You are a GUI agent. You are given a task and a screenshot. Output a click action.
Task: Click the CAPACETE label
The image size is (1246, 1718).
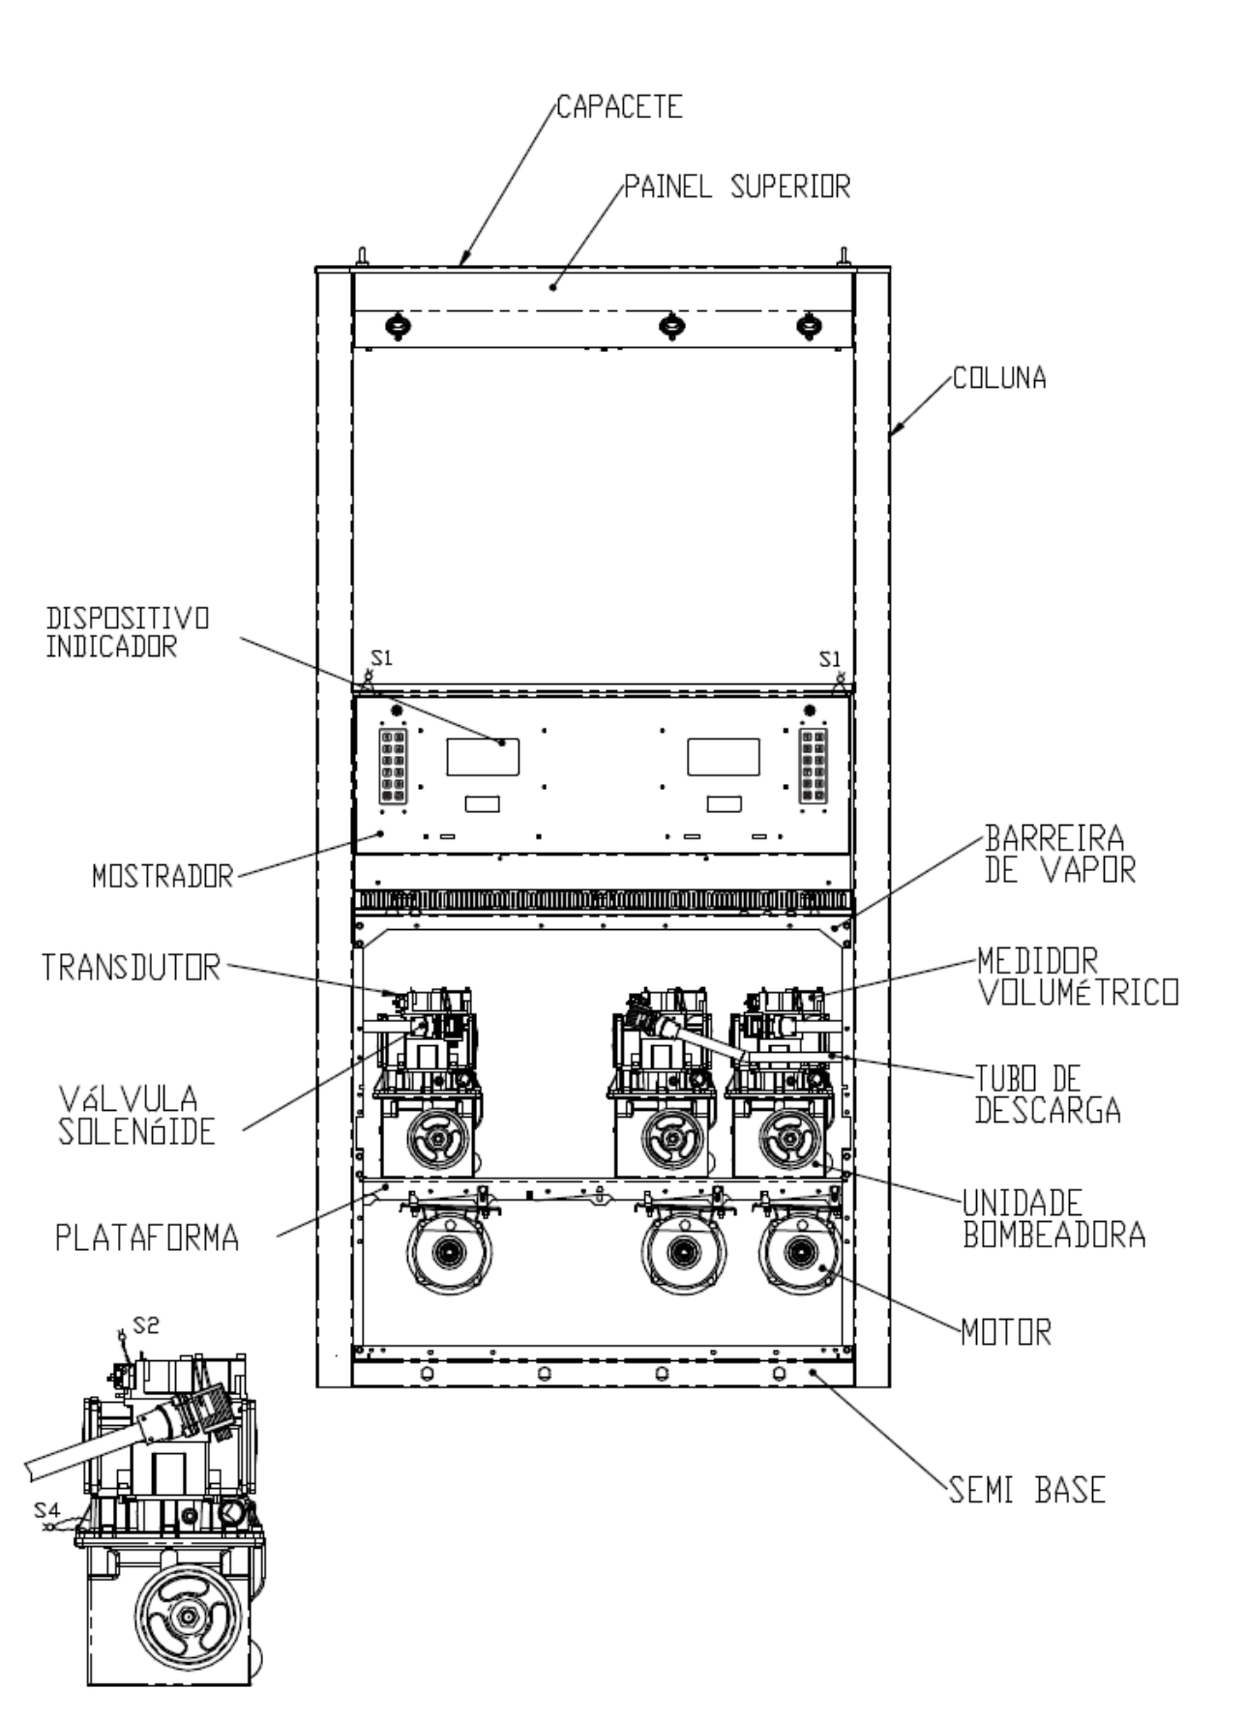(x=619, y=106)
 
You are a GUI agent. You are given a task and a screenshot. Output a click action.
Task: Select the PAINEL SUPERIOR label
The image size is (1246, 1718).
(x=737, y=186)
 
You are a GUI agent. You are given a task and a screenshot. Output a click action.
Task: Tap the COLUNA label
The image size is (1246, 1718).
(x=1000, y=377)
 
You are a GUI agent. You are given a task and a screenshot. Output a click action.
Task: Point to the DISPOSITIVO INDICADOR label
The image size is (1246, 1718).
(x=128, y=632)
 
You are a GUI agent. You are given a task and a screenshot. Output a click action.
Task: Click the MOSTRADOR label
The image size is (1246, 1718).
(x=163, y=877)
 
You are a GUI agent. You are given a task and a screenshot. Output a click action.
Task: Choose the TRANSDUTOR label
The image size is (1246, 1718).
(x=131, y=967)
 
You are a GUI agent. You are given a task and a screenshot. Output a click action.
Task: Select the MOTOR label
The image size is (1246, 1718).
(x=1006, y=1333)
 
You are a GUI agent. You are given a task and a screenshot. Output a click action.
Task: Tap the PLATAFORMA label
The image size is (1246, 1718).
(x=147, y=1238)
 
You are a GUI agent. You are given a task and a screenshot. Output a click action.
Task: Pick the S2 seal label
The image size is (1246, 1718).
(x=146, y=1325)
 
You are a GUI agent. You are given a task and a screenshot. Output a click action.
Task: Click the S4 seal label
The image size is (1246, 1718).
(x=47, y=1508)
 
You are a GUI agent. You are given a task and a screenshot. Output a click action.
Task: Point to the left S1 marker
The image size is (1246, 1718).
(x=383, y=658)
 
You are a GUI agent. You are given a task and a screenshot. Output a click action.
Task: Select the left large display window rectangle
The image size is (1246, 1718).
(x=483, y=757)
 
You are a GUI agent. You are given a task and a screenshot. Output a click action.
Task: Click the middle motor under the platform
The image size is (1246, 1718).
(x=683, y=1253)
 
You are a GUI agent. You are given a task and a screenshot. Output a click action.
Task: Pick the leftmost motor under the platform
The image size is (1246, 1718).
(x=449, y=1253)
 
